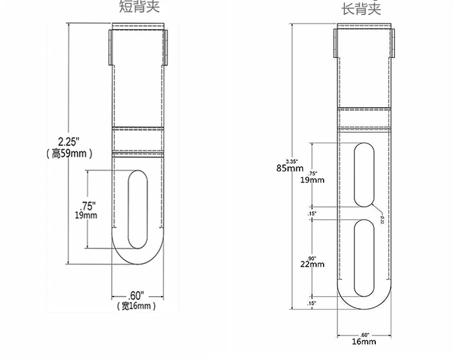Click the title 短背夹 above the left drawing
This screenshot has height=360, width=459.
click(138, 7)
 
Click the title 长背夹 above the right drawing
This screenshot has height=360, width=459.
click(361, 8)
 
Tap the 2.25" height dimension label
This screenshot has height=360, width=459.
click(70, 142)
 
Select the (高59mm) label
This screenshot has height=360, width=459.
click(69, 154)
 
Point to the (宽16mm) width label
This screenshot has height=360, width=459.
click(137, 305)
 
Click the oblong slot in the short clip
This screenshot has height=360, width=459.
click(138, 209)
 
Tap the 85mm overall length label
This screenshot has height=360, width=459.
click(290, 168)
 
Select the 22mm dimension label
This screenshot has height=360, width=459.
click(313, 264)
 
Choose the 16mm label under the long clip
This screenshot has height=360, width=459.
click(365, 341)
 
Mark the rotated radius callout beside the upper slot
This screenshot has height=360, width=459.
click(382, 219)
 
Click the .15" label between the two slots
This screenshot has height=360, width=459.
click(311, 214)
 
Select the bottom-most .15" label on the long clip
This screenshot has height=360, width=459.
click(311, 303)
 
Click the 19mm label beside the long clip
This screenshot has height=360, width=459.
click(313, 180)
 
